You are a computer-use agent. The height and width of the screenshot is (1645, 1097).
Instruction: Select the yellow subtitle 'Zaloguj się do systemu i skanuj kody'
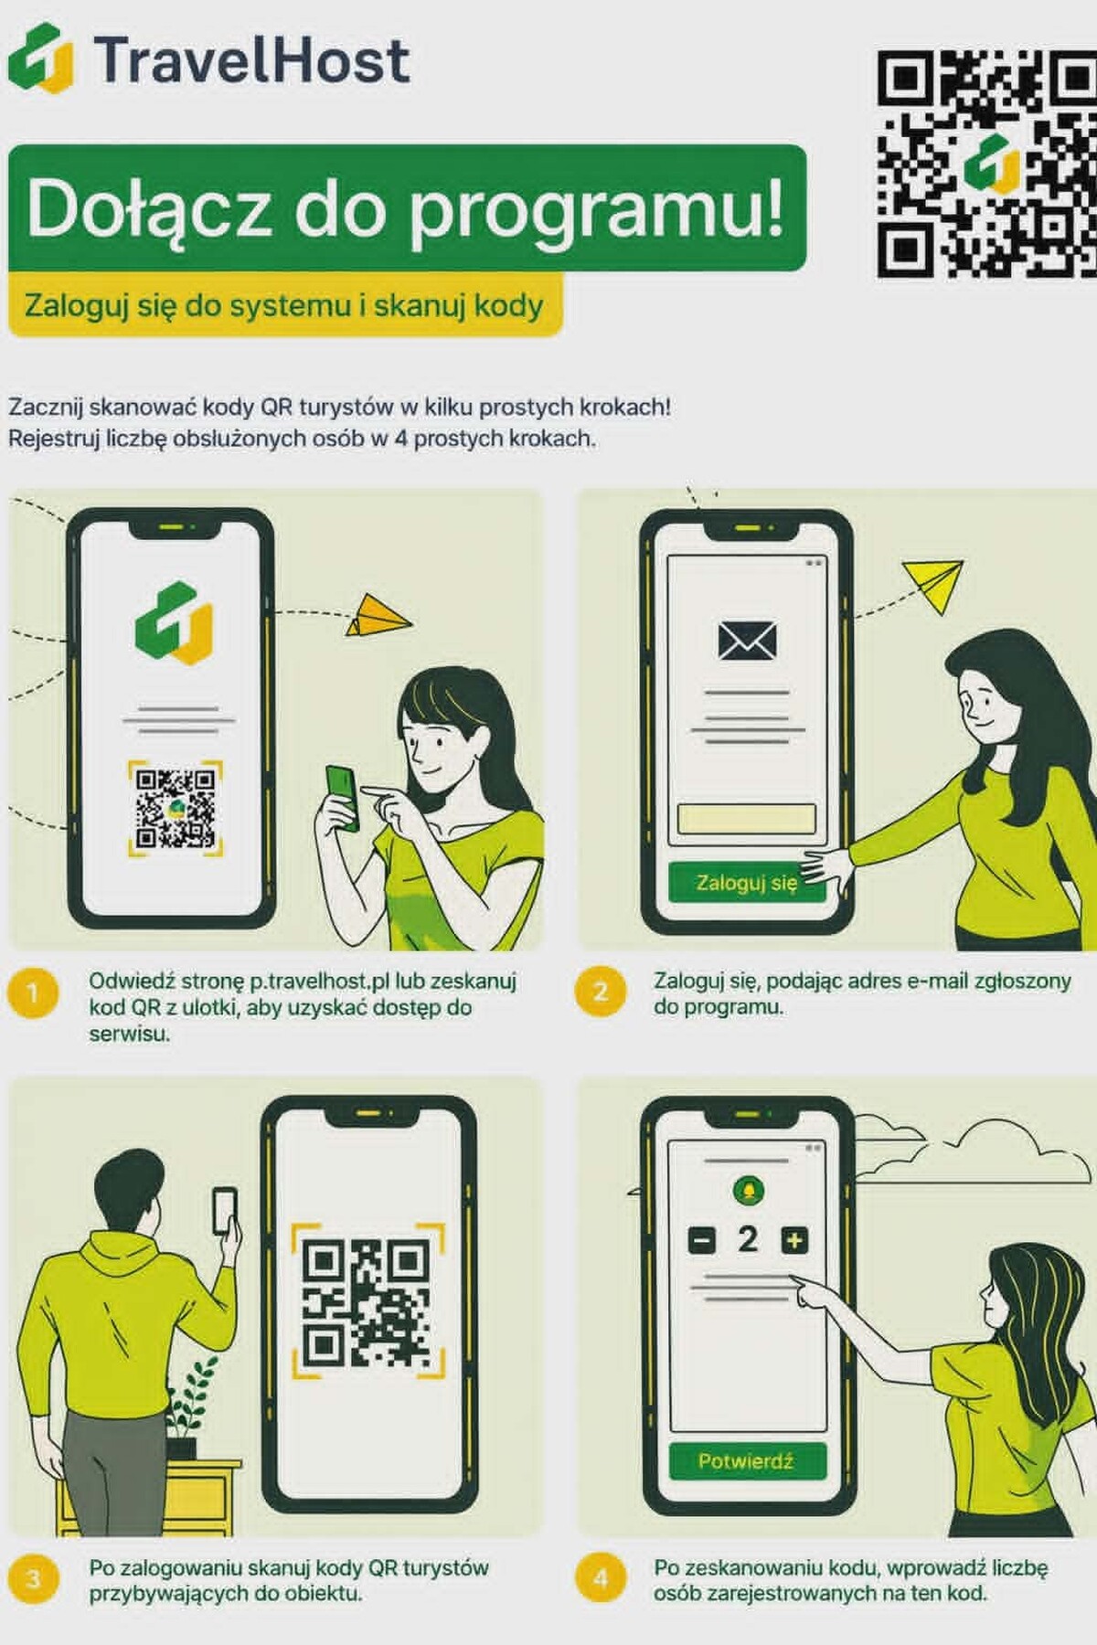(x=283, y=305)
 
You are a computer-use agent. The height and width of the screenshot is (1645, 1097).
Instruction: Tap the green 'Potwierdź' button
(x=747, y=1460)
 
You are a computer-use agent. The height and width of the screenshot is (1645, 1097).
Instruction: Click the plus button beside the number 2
(x=794, y=1240)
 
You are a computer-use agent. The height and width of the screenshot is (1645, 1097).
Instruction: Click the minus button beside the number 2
(x=701, y=1241)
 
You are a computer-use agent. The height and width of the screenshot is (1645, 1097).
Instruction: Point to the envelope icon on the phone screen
(x=747, y=641)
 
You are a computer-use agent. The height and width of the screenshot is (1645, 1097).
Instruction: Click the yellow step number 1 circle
(x=33, y=992)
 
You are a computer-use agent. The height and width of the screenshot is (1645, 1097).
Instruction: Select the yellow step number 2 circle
(x=601, y=992)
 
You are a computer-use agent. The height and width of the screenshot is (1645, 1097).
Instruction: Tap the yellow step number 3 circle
(x=33, y=1578)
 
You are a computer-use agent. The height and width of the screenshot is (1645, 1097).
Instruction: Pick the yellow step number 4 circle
(x=601, y=1578)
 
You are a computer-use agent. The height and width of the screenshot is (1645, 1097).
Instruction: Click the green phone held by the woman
(x=343, y=796)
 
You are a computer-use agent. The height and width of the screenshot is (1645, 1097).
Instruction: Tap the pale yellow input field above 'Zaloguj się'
(x=746, y=819)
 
